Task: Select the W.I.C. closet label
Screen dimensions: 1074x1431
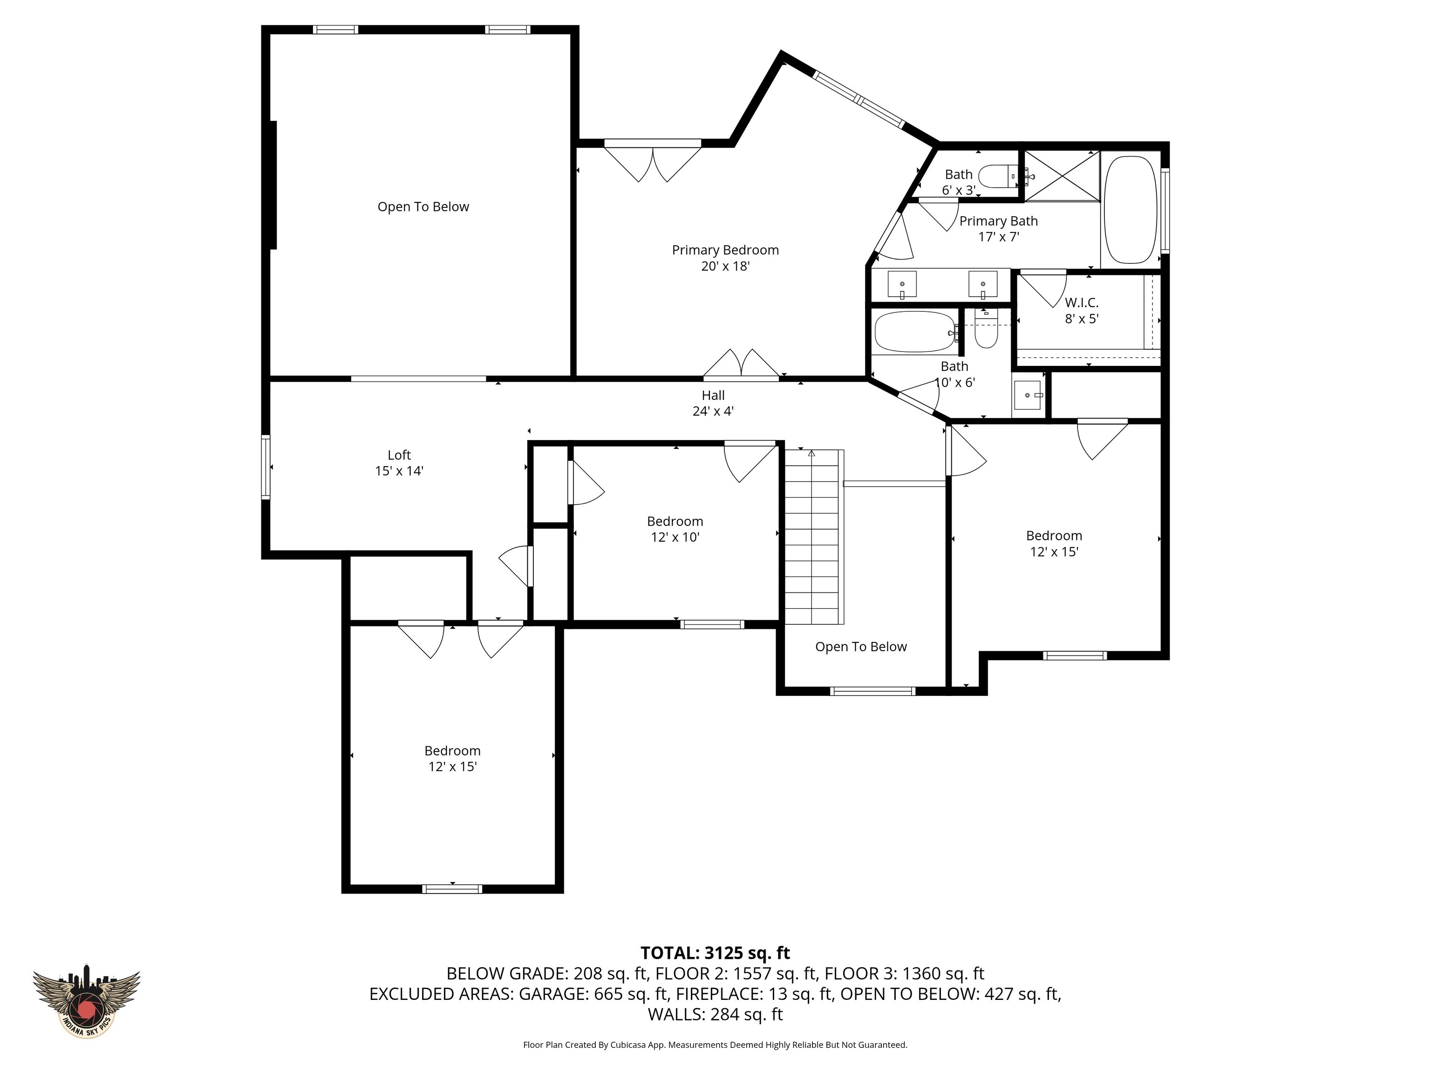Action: [x=1081, y=310]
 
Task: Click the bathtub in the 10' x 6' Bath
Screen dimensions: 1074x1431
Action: [x=913, y=332]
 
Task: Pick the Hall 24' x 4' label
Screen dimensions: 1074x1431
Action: [x=713, y=403]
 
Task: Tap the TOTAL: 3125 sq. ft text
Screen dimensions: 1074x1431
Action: [x=715, y=953]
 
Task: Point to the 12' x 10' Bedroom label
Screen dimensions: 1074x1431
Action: [x=675, y=529]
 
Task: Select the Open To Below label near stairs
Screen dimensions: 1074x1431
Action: [x=860, y=647]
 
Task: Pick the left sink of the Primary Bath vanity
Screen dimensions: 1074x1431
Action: [x=902, y=284]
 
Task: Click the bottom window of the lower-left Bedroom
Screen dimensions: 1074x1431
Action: [x=452, y=889]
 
